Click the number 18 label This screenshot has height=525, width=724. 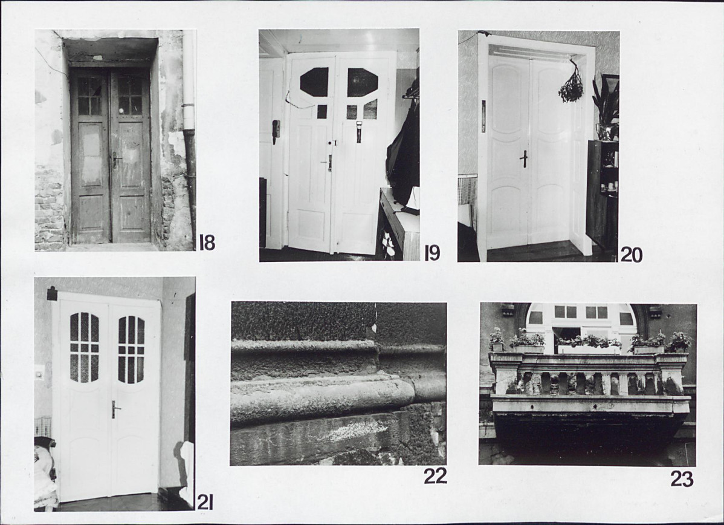[x=207, y=242]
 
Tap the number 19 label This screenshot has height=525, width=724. [x=432, y=253]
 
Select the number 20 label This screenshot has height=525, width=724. [x=631, y=255]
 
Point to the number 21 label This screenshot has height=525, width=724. [x=204, y=503]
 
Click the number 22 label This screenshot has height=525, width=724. [x=435, y=475]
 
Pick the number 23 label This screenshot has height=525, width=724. [x=682, y=479]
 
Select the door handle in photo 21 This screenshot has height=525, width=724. [x=114, y=409]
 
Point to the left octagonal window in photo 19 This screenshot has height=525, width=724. [x=314, y=81]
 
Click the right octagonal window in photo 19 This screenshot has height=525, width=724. [x=363, y=82]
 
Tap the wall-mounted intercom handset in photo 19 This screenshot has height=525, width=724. [x=276, y=132]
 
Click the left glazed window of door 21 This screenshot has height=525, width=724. [x=84, y=348]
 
